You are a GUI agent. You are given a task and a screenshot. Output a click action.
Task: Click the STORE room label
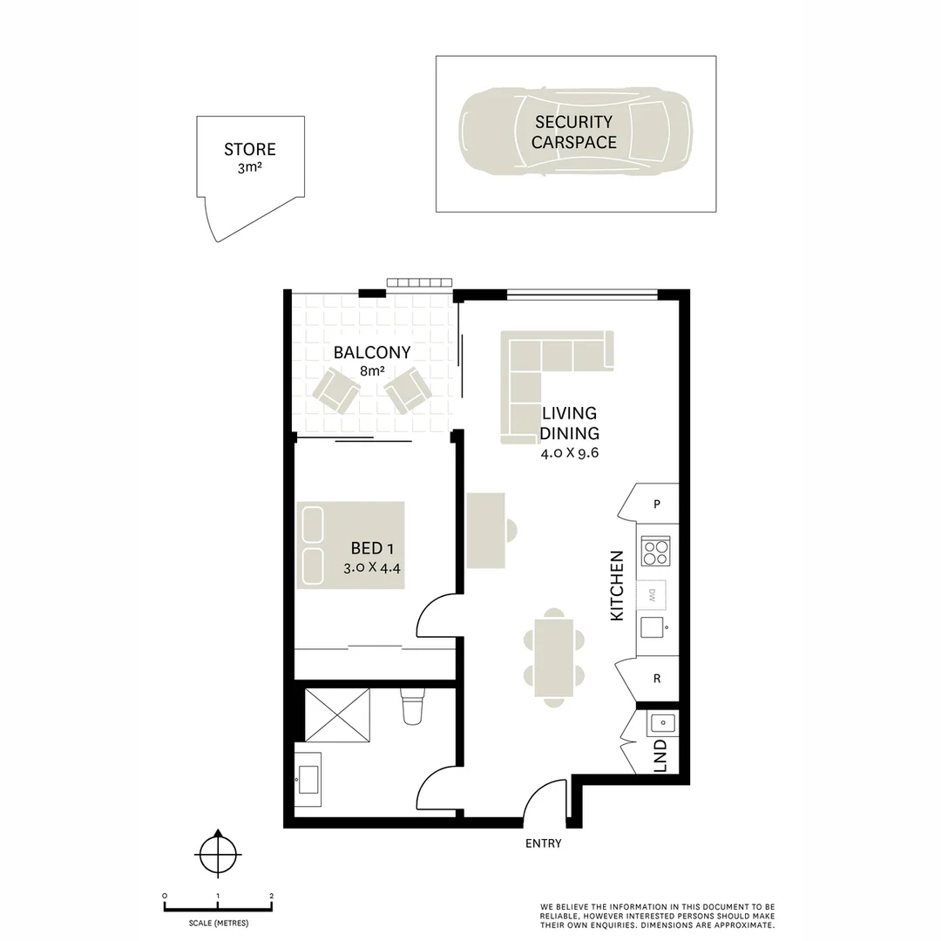click(x=250, y=149)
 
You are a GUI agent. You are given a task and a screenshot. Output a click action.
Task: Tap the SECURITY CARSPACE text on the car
click(x=574, y=132)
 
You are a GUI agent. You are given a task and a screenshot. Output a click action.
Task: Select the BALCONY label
click(x=372, y=353)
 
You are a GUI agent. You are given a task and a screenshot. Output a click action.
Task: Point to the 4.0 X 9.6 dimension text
click(x=572, y=452)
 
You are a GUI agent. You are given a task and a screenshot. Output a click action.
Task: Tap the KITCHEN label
click(x=617, y=585)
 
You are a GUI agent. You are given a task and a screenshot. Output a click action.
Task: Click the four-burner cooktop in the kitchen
click(x=655, y=551)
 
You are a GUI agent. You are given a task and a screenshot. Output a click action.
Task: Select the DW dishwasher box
click(x=653, y=595)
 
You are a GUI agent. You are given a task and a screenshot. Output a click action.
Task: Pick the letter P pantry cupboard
click(x=656, y=504)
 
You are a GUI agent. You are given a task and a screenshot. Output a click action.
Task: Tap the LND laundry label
click(x=660, y=755)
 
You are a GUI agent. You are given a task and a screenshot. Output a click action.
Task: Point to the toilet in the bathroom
click(x=412, y=707)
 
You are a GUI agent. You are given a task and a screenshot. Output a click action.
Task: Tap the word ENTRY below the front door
click(x=543, y=843)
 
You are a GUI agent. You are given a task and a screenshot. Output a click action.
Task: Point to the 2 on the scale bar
click(x=272, y=896)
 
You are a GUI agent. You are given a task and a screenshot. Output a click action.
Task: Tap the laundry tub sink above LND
click(x=661, y=722)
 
